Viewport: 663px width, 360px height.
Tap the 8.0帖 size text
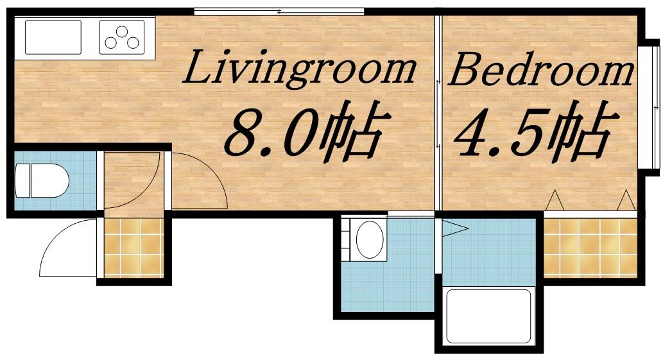[304, 132]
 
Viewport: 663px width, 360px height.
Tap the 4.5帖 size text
[533, 132]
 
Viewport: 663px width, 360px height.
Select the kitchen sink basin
[53, 37]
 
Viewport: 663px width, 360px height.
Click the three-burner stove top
[122, 37]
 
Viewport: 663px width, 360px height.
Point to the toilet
[42, 180]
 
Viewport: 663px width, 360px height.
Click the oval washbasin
[370, 239]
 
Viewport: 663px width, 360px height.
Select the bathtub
[488, 316]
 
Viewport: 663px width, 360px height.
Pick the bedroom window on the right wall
[650, 107]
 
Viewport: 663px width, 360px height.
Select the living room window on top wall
[279, 12]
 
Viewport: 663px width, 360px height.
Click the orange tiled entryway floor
[133, 248]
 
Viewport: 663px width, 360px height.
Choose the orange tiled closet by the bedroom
[590, 248]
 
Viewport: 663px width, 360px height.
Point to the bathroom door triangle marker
[455, 229]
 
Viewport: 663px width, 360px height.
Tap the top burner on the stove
[122, 31]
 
